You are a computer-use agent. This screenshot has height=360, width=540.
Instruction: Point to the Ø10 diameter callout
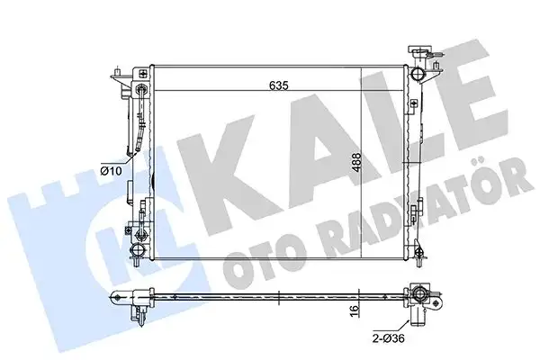(111, 168)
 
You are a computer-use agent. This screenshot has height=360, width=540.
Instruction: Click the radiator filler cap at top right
(420, 52)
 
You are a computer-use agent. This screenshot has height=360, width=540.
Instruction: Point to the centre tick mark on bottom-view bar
(282, 295)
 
